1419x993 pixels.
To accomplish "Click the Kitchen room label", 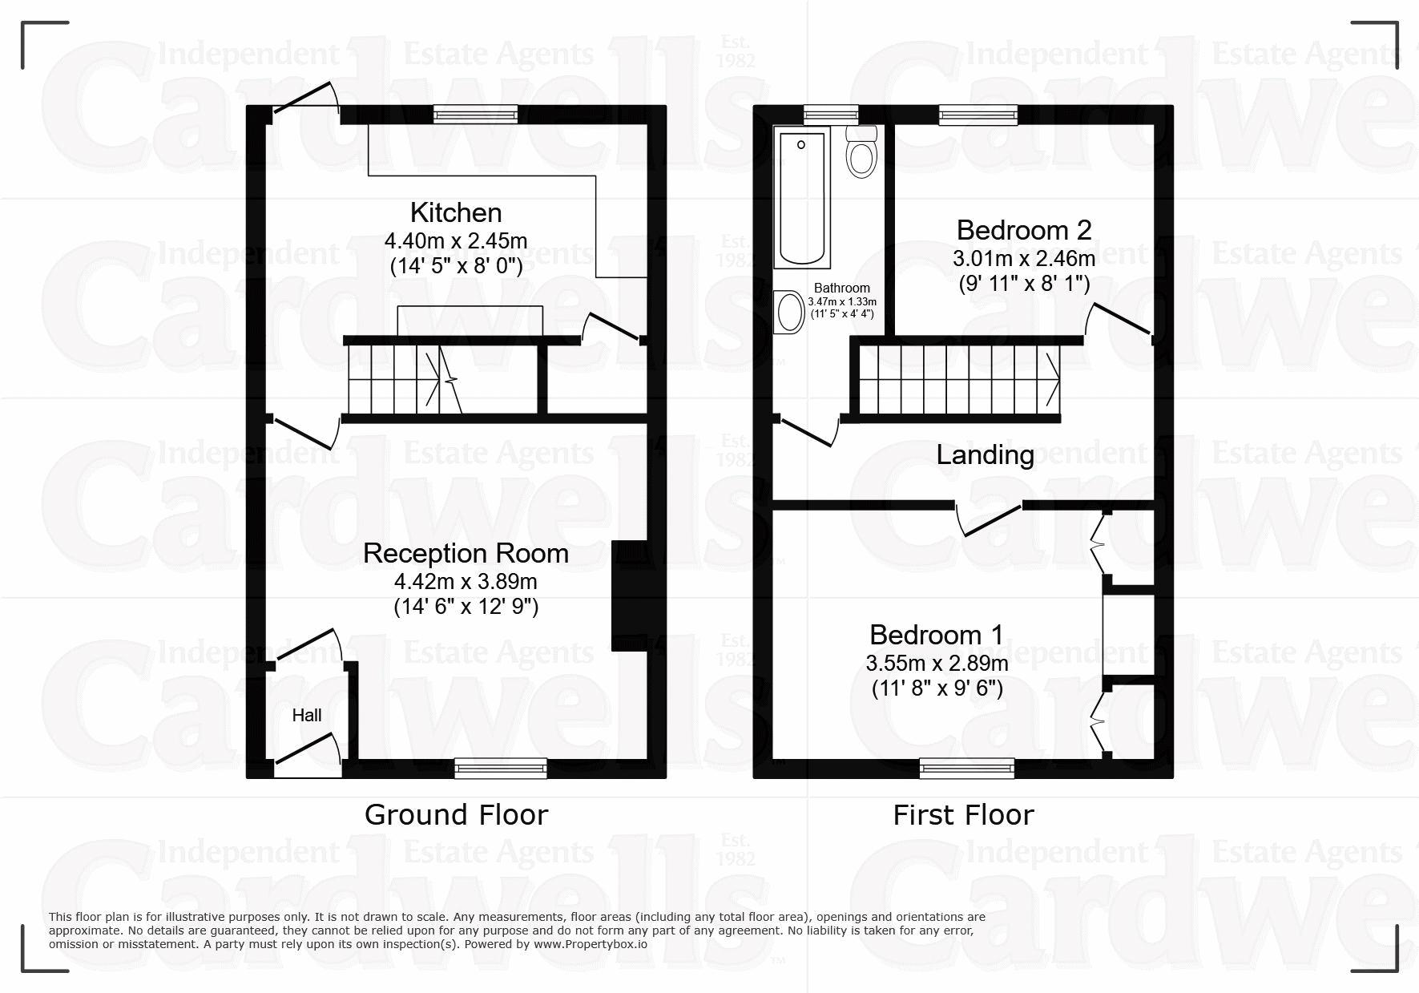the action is [x=456, y=212].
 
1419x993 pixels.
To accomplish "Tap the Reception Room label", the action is [x=466, y=553].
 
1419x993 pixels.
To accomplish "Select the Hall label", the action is [x=307, y=715].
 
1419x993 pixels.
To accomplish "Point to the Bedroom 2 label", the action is [x=1024, y=230].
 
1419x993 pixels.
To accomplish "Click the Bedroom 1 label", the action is [x=937, y=635].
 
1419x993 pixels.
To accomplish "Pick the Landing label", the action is [x=986, y=455].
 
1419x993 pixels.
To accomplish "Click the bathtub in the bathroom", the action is [x=802, y=199].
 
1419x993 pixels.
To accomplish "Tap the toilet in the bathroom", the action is [x=861, y=151].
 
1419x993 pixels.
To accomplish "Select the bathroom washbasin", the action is [x=789, y=312].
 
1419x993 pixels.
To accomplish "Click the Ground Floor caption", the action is [x=457, y=815].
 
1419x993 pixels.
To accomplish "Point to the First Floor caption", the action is [x=964, y=815].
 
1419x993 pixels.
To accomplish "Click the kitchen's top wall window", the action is [x=476, y=115].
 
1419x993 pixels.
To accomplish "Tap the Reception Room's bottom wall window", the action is [x=501, y=769].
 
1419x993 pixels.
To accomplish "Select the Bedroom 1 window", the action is [x=967, y=769].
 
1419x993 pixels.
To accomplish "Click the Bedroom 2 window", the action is [x=978, y=115].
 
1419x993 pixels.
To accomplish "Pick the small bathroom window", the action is [x=831, y=115].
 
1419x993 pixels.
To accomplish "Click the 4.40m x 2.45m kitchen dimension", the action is [x=456, y=240].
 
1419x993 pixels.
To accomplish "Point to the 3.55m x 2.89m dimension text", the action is [x=937, y=664].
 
